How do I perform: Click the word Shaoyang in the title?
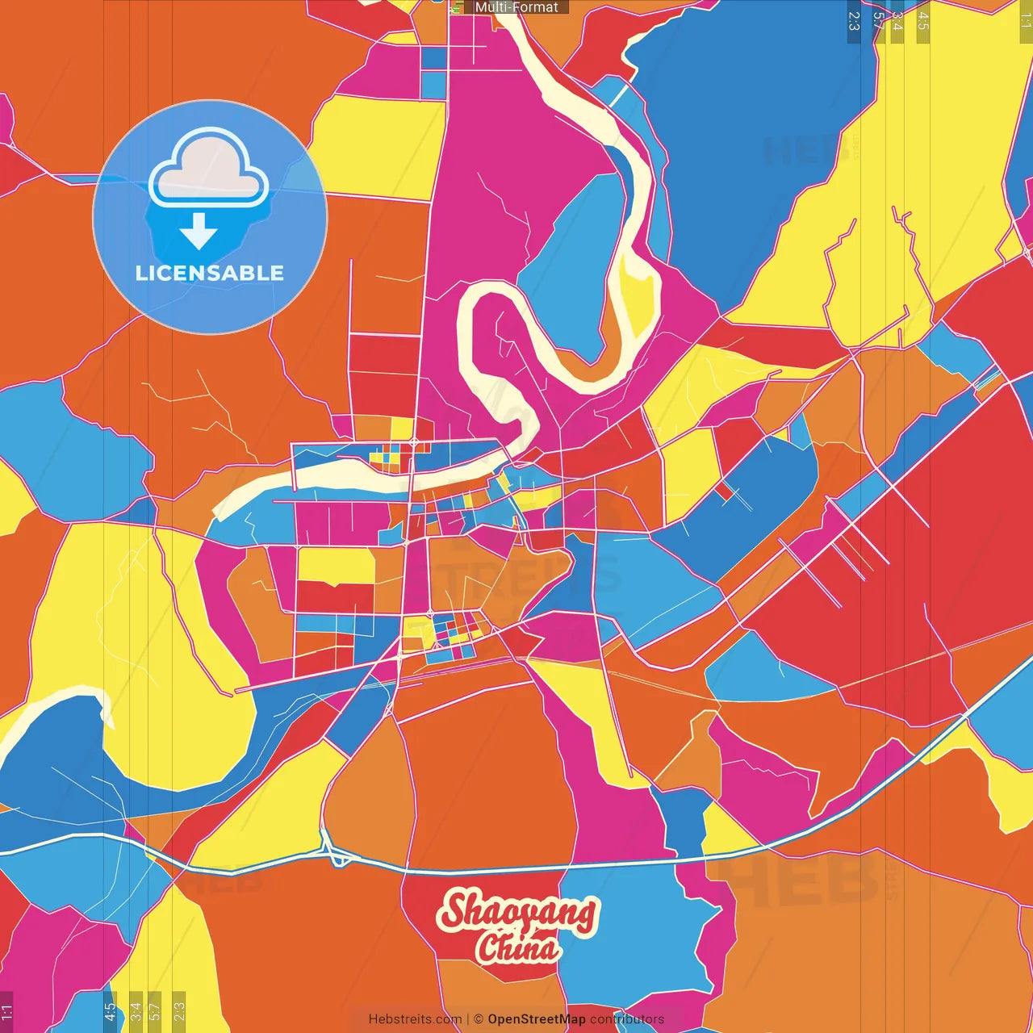coord(517,913)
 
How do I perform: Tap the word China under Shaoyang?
coord(517,948)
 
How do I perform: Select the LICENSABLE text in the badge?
coord(210,273)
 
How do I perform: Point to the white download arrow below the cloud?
coord(199,232)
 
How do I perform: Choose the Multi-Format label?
coord(516,7)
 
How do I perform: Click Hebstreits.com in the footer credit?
coord(415,1019)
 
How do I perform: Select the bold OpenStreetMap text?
coord(536,1019)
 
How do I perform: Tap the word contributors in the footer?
coord(627,1019)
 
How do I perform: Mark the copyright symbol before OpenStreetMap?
coord(479,1019)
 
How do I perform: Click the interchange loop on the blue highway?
coord(337,854)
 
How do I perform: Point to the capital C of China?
coord(488,948)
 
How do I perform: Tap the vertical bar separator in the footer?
coord(468,1019)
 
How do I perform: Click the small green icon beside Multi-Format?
coord(458,7)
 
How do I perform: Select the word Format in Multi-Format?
coord(536,7)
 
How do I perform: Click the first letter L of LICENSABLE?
coord(140,273)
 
